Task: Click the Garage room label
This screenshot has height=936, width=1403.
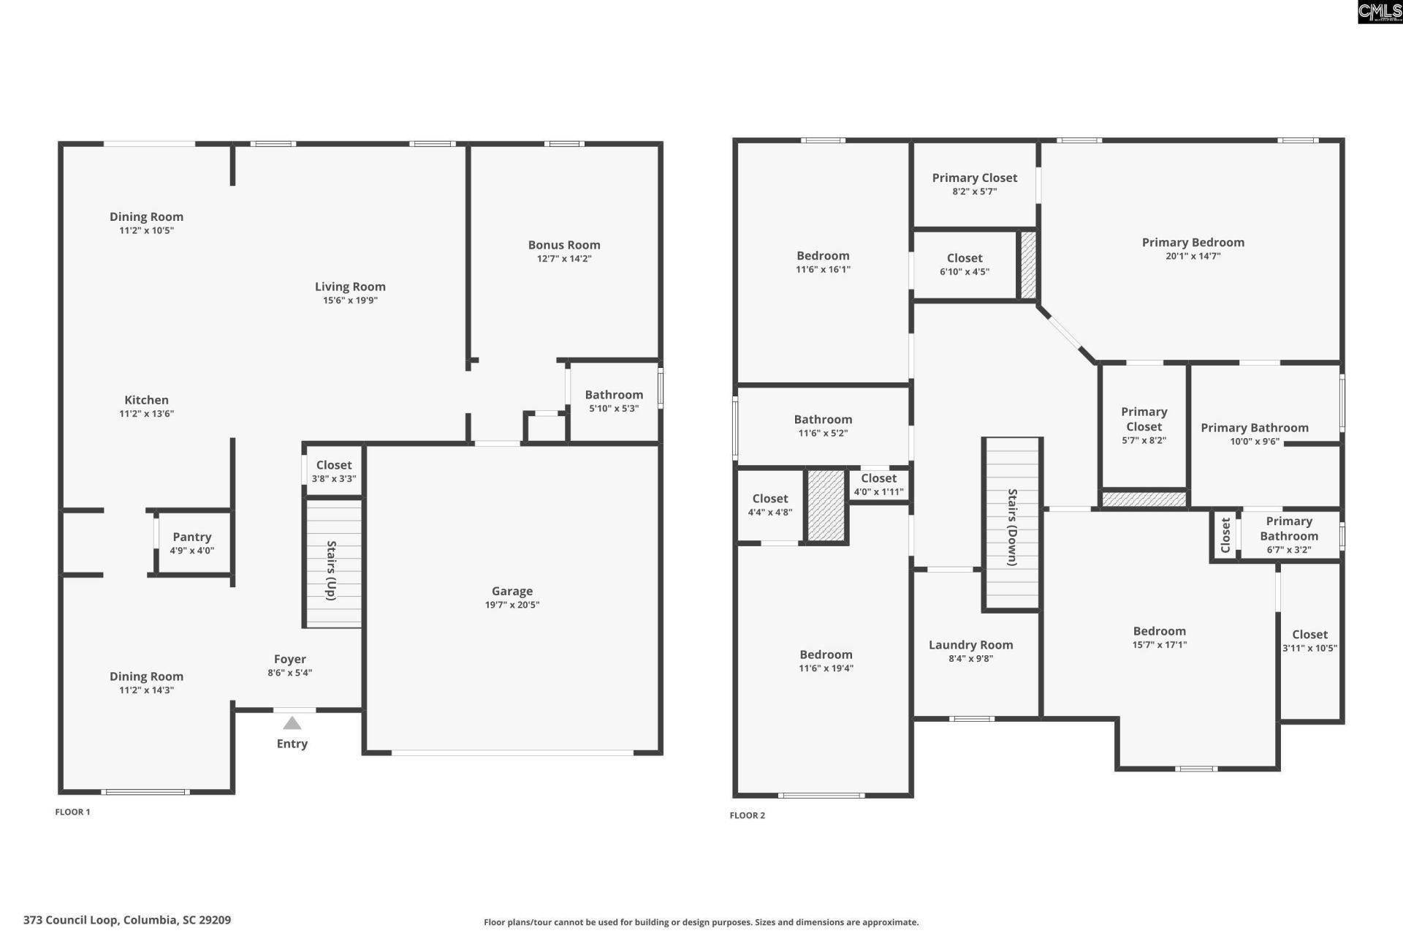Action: point(512,591)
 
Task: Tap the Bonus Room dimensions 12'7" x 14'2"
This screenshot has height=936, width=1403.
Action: point(563,259)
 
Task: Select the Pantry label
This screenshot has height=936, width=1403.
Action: point(192,537)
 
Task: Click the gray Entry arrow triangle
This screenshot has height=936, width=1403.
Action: point(292,723)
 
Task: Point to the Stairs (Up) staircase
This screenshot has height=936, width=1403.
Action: point(333,563)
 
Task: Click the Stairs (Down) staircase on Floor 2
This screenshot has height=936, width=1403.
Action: point(1011,524)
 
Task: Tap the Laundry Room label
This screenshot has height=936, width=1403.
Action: point(970,644)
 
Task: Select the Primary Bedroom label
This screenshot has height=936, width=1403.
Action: point(1193,242)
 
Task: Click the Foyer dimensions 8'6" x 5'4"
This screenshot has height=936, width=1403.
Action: point(289,673)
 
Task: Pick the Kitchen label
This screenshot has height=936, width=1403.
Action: point(146,400)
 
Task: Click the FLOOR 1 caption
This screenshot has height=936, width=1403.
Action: point(72,812)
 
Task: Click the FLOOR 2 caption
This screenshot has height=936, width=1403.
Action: point(747,815)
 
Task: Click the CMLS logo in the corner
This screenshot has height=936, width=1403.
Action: point(1379,12)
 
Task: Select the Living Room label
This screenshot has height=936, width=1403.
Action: point(350,287)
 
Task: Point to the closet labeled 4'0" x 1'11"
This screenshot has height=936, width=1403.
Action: point(878,485)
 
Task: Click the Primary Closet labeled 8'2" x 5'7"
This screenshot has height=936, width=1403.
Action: point(974,184)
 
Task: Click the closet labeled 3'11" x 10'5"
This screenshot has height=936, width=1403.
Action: point(1309,641)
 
